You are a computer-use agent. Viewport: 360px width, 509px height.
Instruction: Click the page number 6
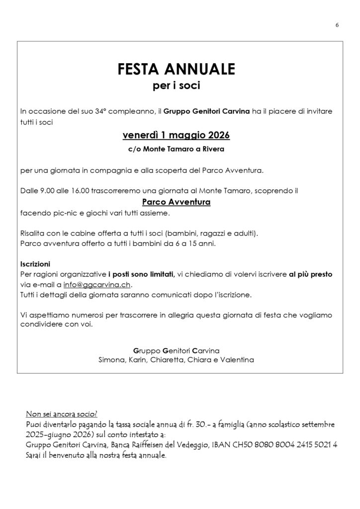click(337, 26)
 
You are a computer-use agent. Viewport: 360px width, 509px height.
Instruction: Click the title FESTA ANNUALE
click(176, 69)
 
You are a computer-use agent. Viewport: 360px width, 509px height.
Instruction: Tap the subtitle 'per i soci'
click(176, 86)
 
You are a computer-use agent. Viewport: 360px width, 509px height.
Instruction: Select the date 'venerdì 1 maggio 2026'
click(176, 135)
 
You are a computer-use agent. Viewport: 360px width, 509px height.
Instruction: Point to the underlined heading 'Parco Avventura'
click(176, 202)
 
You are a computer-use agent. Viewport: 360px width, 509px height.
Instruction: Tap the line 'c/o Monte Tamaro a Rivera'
click(176, 149)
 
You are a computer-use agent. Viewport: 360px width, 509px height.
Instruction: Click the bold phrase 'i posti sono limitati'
click(141, 274)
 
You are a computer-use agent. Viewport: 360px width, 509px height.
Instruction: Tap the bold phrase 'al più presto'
click(311, 274)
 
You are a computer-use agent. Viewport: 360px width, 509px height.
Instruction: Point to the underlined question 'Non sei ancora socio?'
click(61, 414)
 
